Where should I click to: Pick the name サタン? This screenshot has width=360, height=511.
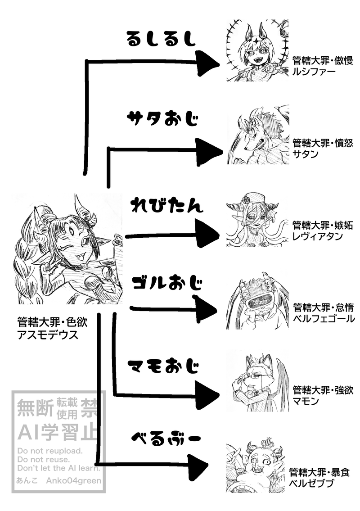[x=306, y=154]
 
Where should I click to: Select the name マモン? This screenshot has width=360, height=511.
[x=306, y=400]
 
